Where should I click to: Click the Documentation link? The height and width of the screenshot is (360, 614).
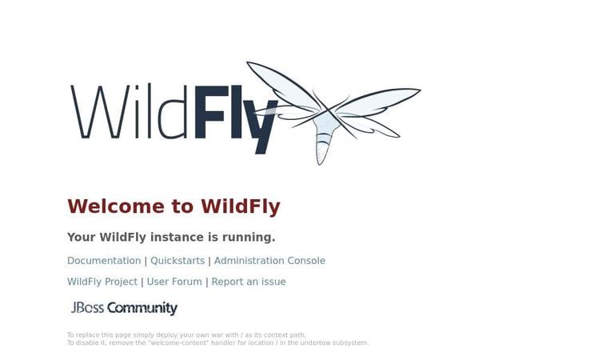coord(104,261)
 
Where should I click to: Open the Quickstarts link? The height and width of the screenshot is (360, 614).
coord(177,261)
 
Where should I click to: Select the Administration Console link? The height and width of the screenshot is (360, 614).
coord(269,261)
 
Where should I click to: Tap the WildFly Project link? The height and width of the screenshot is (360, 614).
coord(102,282)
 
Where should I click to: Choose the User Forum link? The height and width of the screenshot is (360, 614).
coord(174,282)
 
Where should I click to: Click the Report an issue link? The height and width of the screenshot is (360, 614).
coord(249,282)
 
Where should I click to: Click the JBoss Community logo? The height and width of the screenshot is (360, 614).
coord(124,308)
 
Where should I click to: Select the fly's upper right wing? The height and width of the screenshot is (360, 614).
coord(384,99)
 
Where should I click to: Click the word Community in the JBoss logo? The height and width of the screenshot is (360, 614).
coord(142,308)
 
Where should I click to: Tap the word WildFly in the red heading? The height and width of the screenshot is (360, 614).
coord(240,206)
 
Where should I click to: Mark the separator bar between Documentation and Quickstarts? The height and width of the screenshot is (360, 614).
coord(146,261)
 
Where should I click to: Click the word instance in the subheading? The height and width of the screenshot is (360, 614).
coord(177,238)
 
